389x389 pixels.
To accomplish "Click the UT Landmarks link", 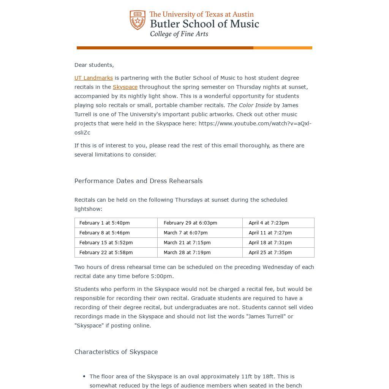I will pos(93,78).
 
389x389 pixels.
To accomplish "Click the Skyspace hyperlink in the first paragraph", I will pos(125,87).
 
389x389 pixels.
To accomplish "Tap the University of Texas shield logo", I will pos(138,20).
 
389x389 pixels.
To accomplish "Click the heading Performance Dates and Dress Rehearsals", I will pos(138,181).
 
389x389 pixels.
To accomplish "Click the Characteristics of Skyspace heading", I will pos(116,352).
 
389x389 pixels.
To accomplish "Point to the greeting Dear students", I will pos(94,65).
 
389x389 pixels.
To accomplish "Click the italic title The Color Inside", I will pos(249,105).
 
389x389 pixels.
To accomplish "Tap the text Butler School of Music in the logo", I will pos(204,24).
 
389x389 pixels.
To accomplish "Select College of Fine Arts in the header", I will pos(179,34).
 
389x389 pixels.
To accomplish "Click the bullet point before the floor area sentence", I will pos(84,376).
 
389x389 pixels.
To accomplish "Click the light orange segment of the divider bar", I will pos(283,48).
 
